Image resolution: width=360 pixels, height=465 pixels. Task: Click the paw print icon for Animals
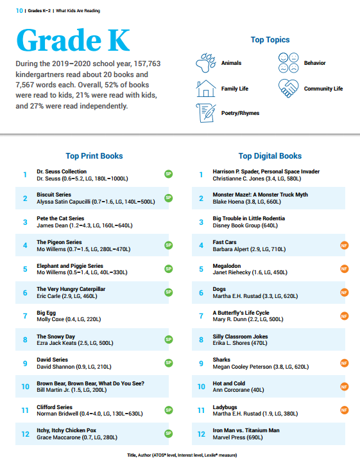pos(205,63)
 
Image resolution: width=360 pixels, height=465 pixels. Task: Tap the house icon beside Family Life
pos(205,89)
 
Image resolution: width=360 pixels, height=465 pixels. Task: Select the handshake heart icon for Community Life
pos(288,89)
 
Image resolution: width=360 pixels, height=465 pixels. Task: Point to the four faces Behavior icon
pos(288,63)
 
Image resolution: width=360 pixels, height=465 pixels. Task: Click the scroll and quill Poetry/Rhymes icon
pos(206,113)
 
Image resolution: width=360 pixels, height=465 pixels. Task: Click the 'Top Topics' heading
pos(270,40)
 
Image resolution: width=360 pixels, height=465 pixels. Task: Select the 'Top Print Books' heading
pos(94,156)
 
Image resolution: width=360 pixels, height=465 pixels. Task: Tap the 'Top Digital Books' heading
pos(270,156)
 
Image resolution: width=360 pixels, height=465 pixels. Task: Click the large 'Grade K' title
pos(73,40)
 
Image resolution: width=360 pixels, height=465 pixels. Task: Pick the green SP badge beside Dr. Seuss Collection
pos(169,174)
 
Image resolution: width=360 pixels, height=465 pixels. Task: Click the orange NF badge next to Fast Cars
pos(345,245)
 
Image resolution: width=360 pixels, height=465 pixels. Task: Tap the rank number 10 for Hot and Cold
pos(201,387)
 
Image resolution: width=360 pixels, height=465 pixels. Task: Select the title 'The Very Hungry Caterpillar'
pos(71,289)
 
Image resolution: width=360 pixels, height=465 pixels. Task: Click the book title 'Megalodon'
pos(227,266)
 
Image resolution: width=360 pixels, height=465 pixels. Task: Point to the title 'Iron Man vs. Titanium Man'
pos(246,430)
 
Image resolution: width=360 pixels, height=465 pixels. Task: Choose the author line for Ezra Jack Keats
pos(75,343)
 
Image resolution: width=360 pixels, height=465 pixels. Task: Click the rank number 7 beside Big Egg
pos(25,316)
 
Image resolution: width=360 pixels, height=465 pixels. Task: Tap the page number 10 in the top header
pos(19,11)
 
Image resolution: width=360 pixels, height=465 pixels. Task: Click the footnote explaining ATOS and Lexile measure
pos(182,455)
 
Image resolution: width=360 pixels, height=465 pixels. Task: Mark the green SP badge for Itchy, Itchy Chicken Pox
pos(169,434)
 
